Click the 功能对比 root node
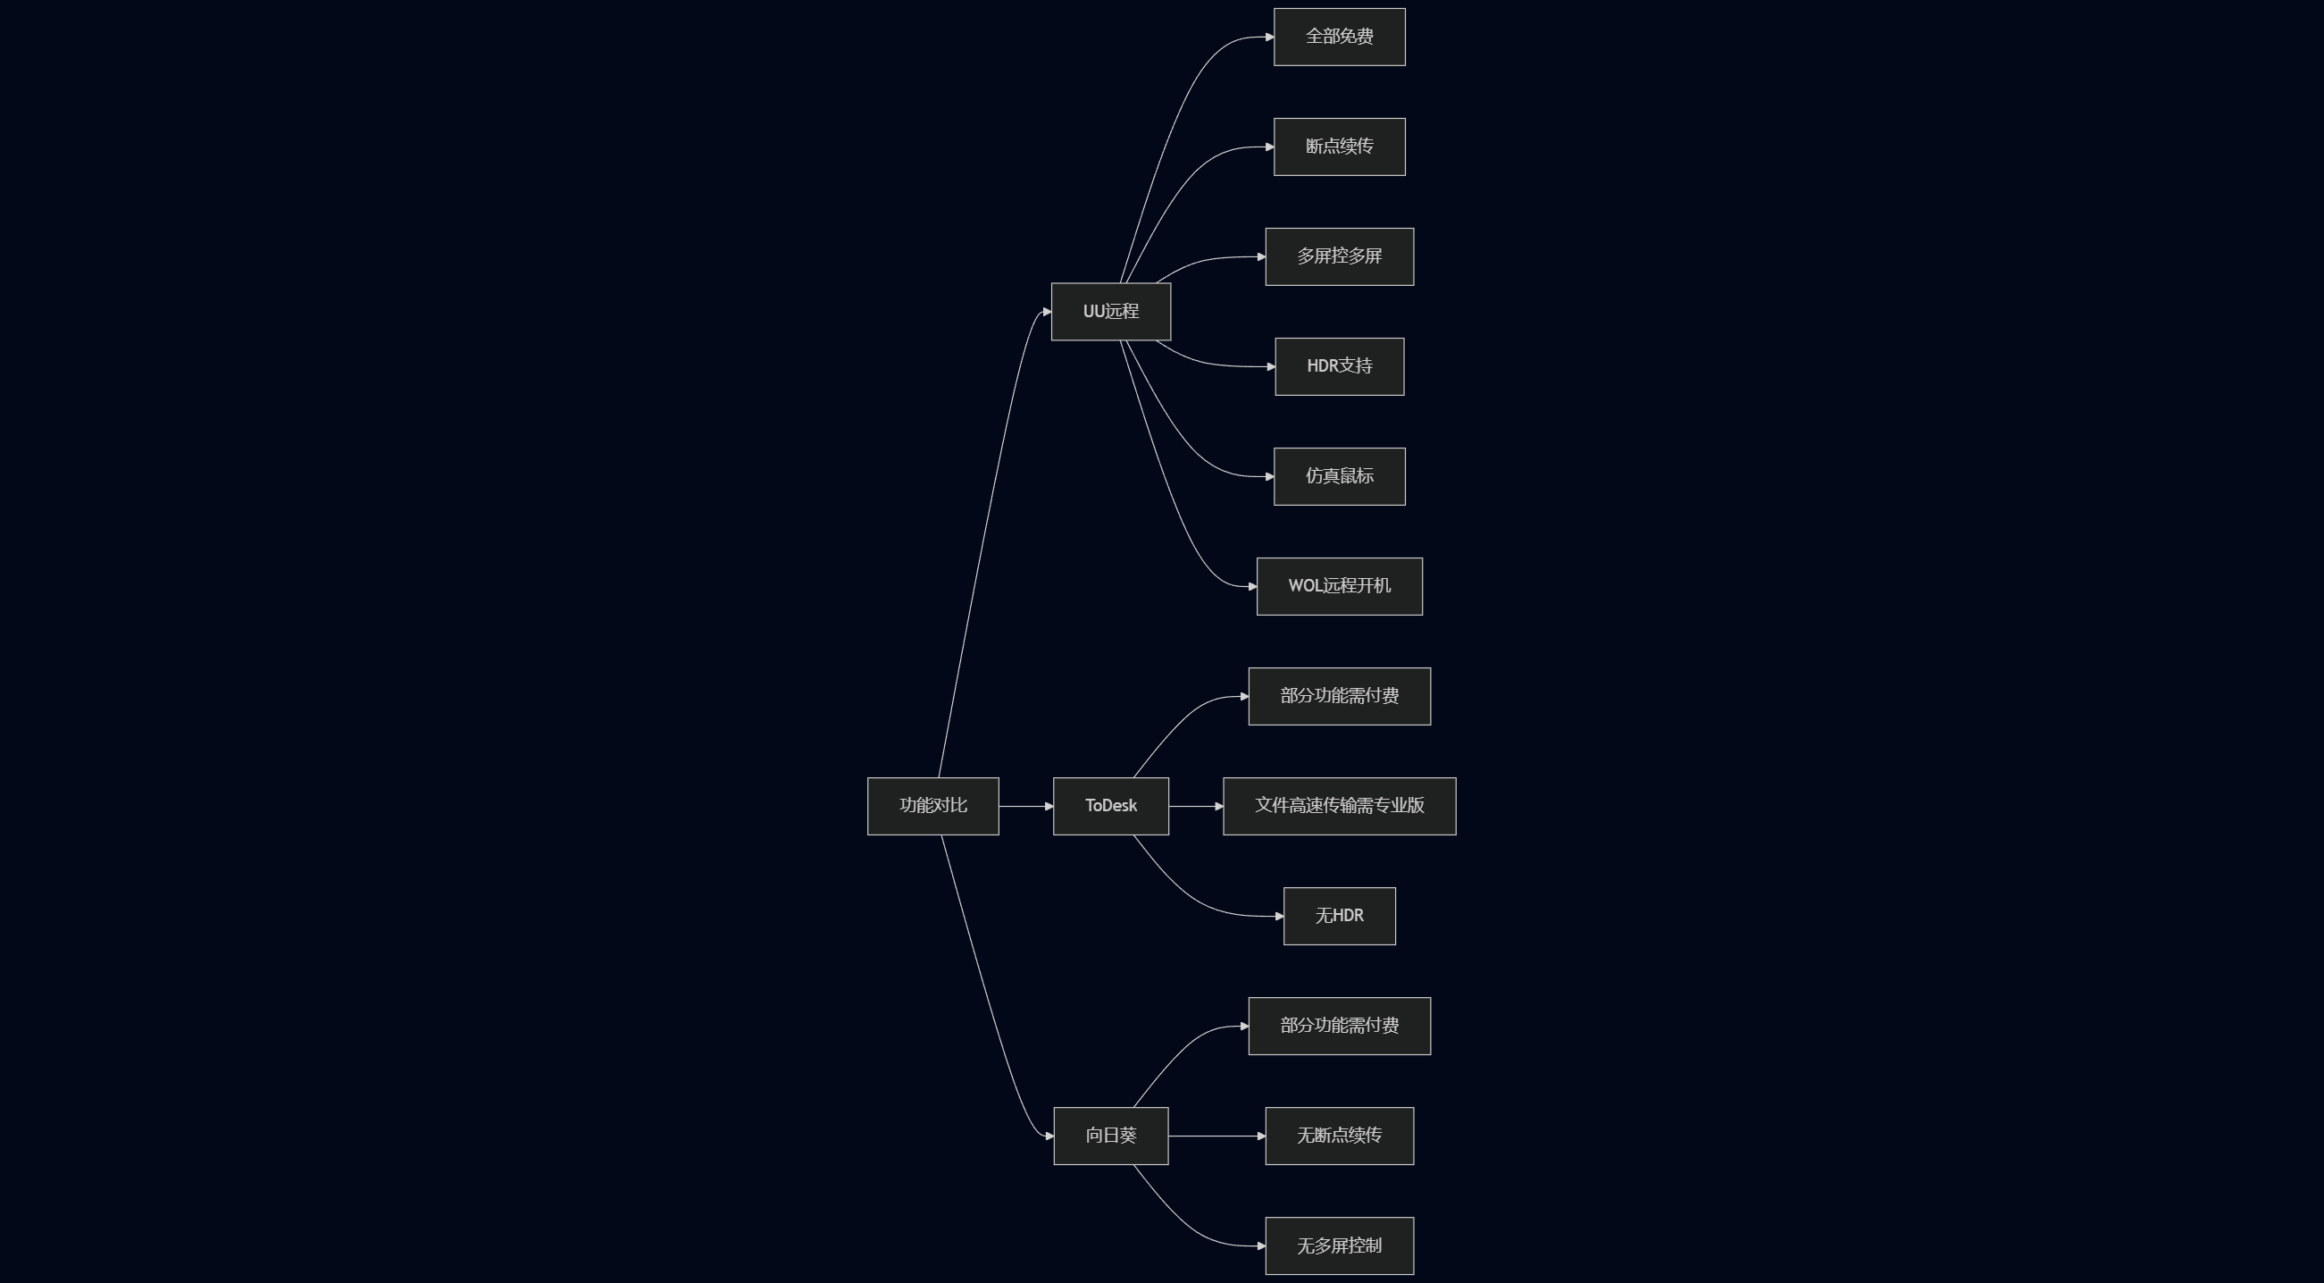[932, 806]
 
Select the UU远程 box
[1110, 311]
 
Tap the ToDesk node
[1110, 806]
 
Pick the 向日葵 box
[1110, 1135]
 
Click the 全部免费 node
[1339, 37]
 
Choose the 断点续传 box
[1339, 147]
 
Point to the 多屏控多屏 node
[1339, 256]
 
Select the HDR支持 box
[1339, 366]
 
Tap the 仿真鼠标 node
[1339, 476]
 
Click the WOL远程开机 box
[1339, 586]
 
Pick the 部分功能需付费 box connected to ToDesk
[1339, 696]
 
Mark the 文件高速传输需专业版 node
[1339, 806]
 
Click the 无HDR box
[1339, 916]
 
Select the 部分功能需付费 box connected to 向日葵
[1339, 1026]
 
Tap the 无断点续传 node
[1339, 1135]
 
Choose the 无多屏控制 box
[1339, 1245]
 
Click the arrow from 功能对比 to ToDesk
[1024, 806]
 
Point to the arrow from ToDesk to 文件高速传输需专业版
[1194, 806]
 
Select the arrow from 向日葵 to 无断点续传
[1216, 1136]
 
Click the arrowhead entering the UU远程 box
[1047, 312]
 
